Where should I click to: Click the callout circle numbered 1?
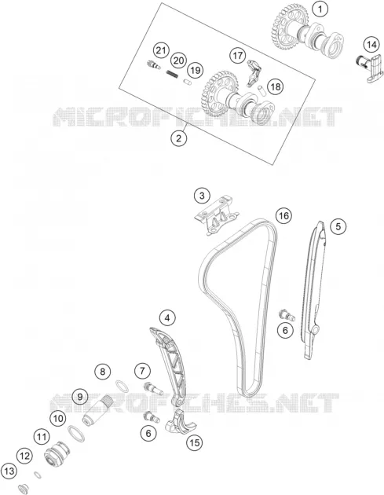(320, 9)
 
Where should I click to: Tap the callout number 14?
(371, 45)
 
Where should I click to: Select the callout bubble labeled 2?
(179, 138)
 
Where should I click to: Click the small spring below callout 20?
(173, 74)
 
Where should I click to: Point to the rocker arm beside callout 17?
(253, 73)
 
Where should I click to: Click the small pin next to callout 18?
(262, 89)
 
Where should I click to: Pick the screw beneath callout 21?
(154, 65)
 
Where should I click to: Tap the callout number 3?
(202, 196)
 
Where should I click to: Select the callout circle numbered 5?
(338, 226)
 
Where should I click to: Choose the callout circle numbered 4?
(167, 318)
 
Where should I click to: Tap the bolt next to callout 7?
(153, 388)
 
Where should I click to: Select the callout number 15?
(195, 442)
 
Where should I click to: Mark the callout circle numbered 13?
(9, 471)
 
